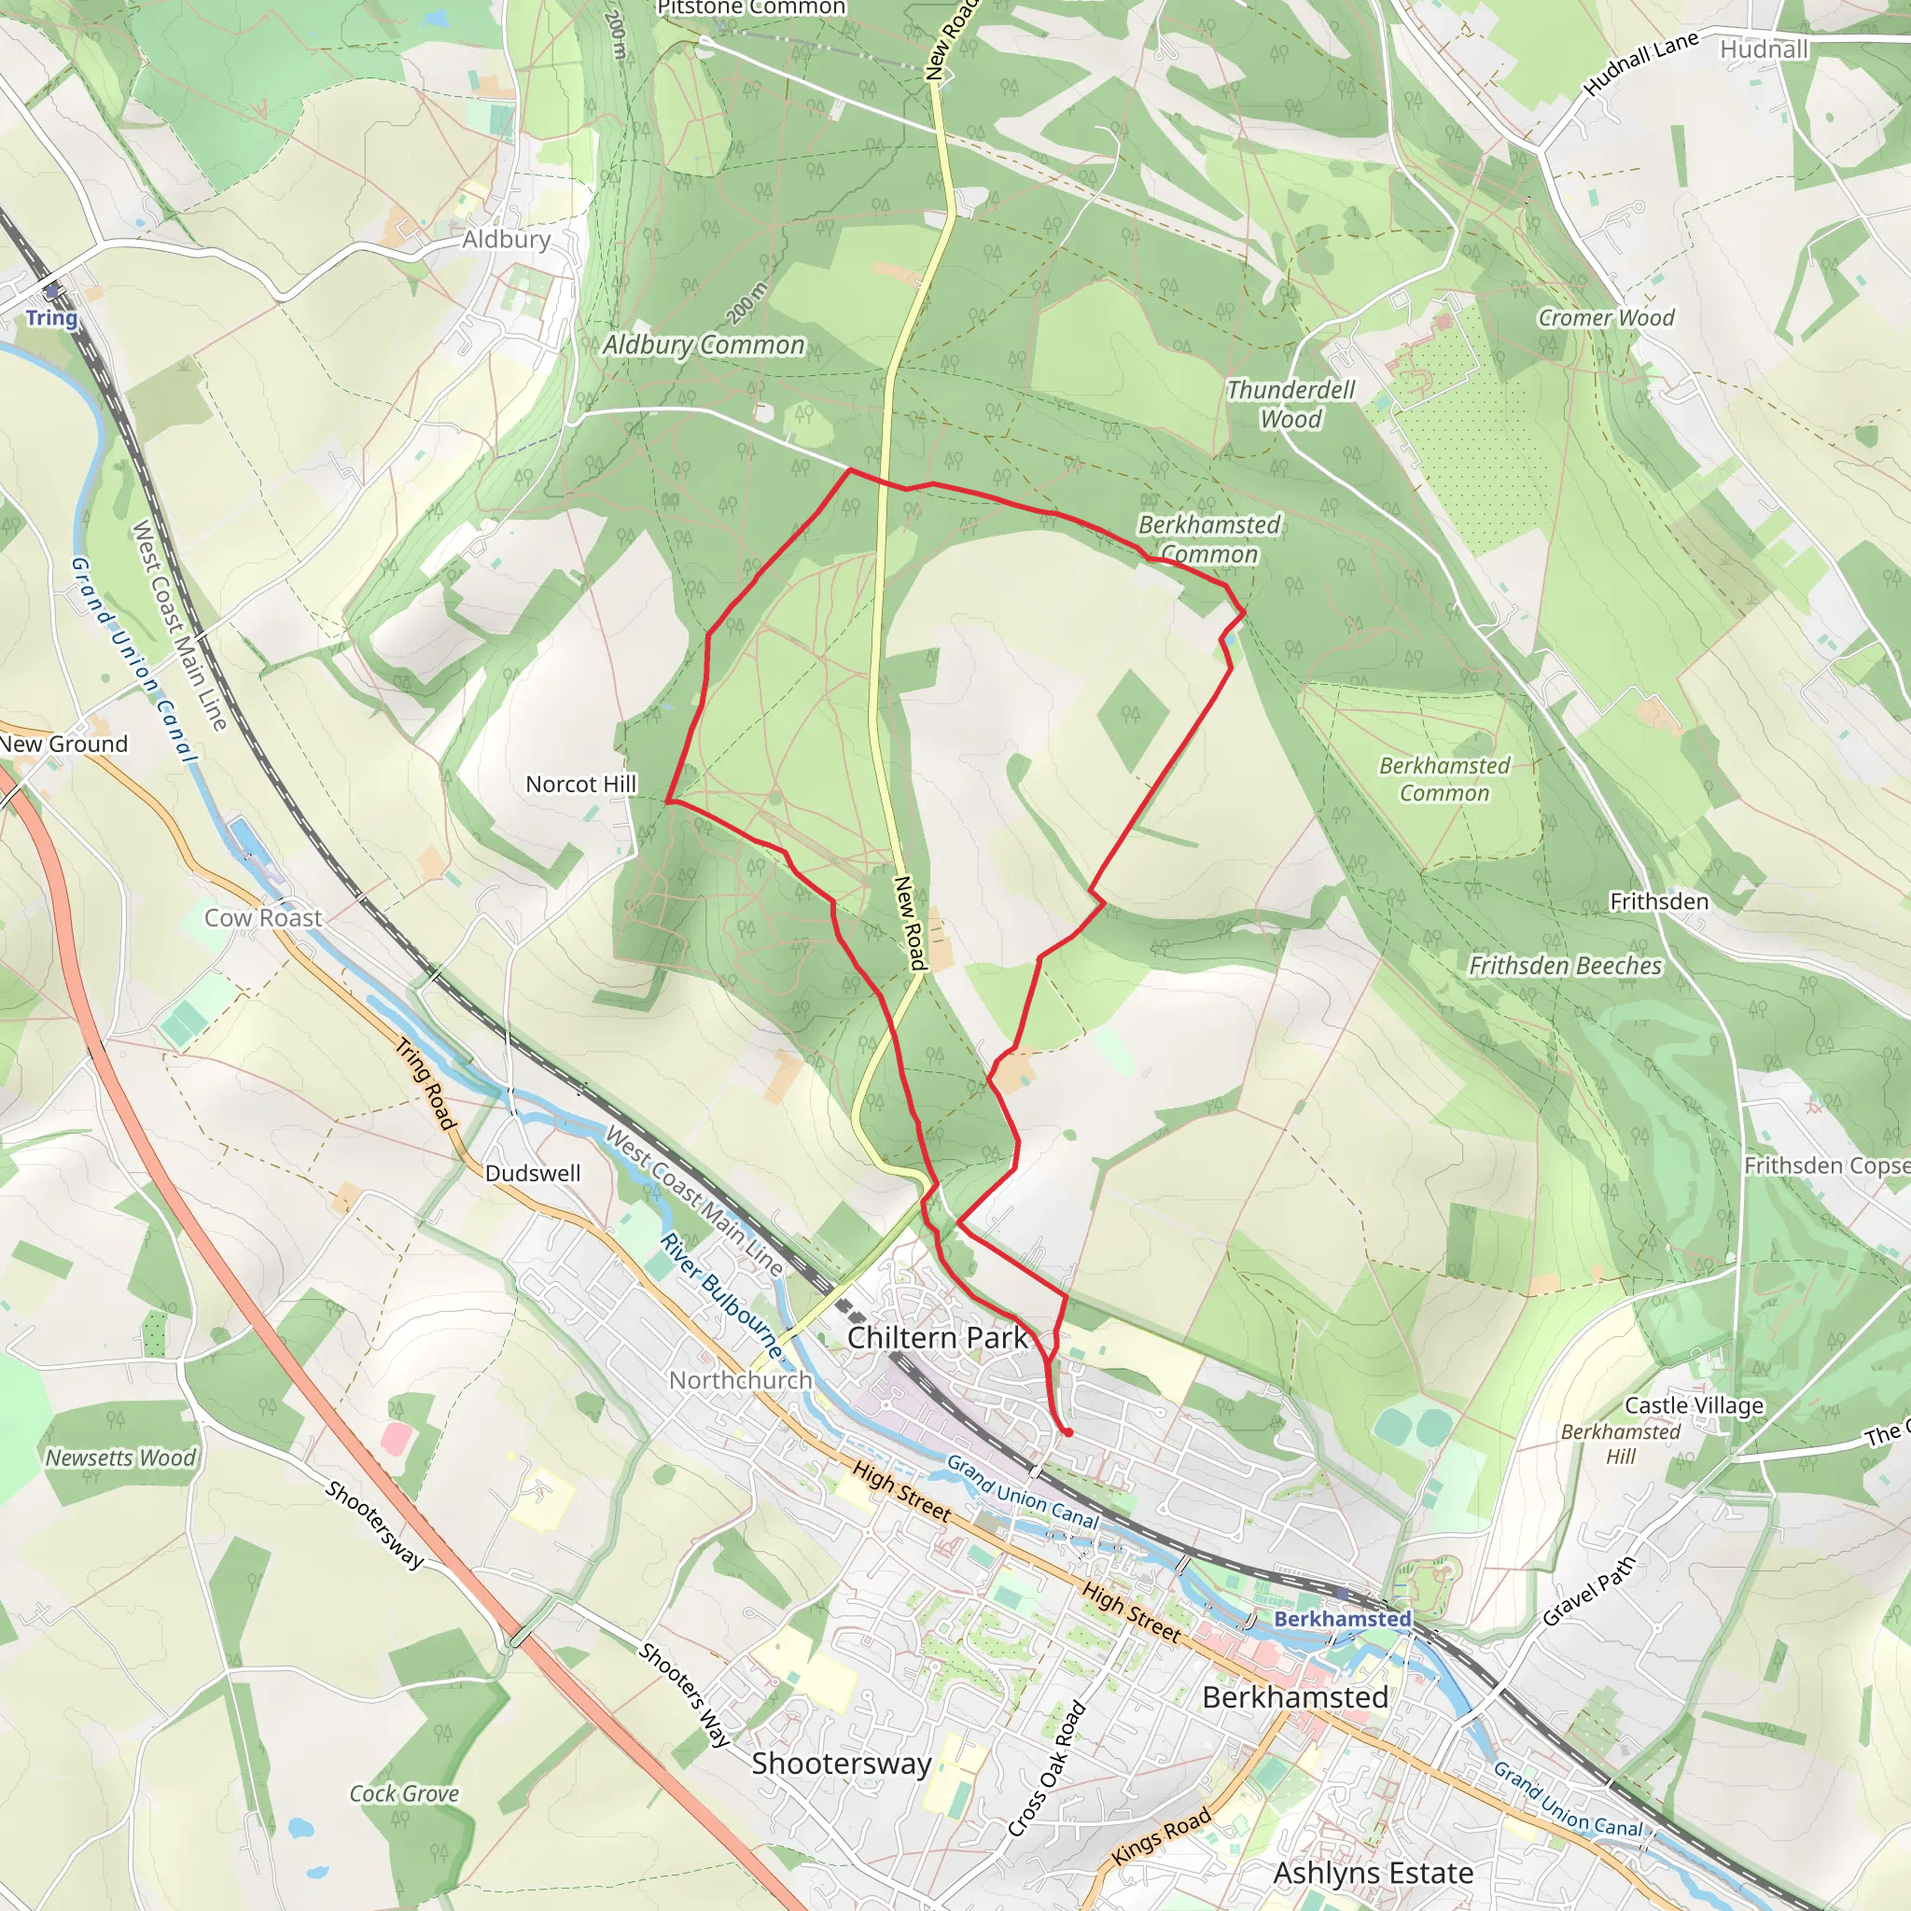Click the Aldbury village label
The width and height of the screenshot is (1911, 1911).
point(507,240)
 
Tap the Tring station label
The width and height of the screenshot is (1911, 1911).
point(51,317)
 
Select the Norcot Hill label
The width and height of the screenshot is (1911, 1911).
point(580,785)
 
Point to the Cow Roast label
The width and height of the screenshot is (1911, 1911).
point(263,918)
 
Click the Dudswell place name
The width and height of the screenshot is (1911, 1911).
point(532,1173)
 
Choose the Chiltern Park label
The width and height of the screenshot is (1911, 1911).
point(937,1337)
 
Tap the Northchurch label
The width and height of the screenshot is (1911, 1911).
point(741,1380)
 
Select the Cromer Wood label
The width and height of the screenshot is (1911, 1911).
point(1605,317)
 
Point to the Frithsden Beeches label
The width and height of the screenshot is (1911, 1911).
point(1565,966)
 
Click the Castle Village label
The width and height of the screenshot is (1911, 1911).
point(1695,1405)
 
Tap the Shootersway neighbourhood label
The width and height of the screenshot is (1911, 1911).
point(842,1764)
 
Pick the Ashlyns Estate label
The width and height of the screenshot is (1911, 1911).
point(1373,1874)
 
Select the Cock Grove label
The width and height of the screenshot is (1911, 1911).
point(403,1793)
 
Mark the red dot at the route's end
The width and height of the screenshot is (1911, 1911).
point(1068,1432)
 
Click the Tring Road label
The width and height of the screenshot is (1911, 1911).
point(426,1084)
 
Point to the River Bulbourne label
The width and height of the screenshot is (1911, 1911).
point(720,1296)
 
